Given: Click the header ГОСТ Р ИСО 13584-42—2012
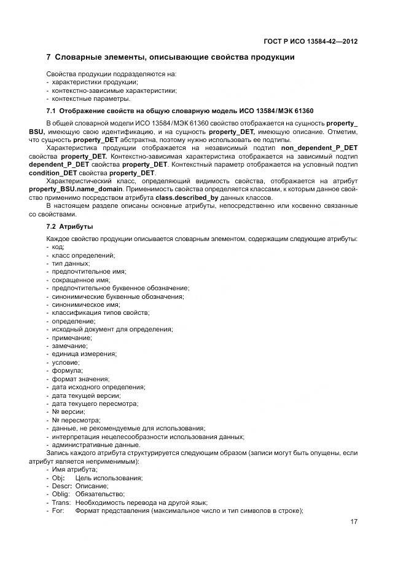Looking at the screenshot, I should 308,41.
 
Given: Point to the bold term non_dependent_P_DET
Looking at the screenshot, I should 319,148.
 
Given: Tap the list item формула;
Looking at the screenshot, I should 68,371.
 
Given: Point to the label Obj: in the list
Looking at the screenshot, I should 59,478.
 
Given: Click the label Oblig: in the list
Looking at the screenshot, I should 62,494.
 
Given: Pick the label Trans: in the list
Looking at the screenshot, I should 62,502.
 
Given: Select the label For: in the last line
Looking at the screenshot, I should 59,511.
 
